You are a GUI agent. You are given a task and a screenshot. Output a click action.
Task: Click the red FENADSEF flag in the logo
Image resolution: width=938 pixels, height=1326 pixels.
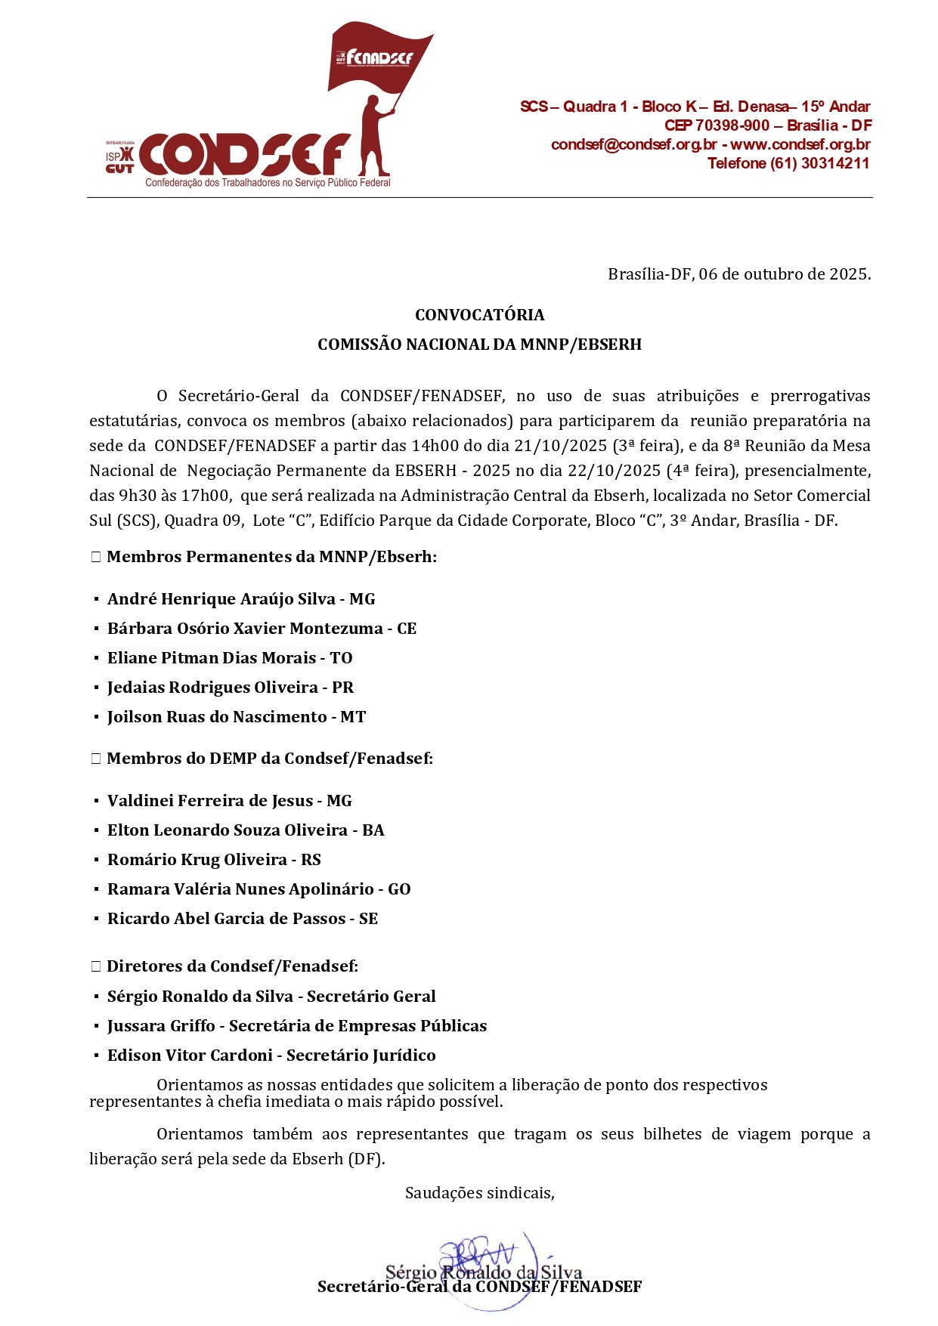point(378,57)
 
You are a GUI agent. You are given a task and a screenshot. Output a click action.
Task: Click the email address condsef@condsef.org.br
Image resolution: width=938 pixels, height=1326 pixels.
point(633,144)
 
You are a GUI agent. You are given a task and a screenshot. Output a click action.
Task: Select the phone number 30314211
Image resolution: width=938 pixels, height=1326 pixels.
point(835,163)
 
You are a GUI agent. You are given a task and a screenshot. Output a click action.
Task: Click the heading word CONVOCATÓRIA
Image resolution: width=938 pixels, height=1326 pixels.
point(479,314)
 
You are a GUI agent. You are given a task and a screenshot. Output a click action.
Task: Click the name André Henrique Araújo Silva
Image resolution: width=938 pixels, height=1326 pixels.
point(221,599)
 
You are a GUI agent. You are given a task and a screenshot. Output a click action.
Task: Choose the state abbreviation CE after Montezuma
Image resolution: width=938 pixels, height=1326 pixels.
point(407,629)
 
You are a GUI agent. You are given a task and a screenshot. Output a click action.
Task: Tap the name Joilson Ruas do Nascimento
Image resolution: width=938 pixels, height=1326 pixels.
point(217,717)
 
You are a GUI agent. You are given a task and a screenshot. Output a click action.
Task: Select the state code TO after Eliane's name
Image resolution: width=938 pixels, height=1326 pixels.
point(341,658)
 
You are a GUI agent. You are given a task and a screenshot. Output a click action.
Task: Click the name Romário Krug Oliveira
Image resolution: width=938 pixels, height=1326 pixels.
point(197,860)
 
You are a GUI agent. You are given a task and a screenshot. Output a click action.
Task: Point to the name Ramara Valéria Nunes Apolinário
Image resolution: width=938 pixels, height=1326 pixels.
point(240,889)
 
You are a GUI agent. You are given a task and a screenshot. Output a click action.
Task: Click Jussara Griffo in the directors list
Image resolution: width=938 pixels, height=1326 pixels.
point(161,1026)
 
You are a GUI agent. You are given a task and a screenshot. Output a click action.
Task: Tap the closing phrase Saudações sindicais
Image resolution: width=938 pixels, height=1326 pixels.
point(479,1193)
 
